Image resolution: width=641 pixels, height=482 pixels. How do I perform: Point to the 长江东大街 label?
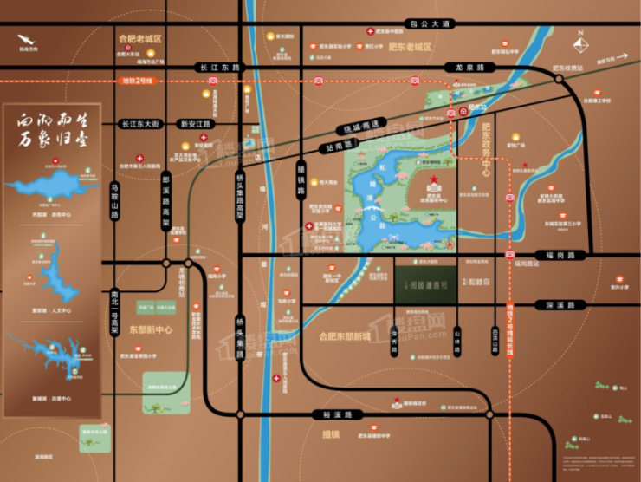point(140,124)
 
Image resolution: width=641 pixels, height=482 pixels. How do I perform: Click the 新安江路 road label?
point(195,124)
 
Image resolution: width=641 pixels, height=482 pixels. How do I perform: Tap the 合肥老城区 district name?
point(140,39)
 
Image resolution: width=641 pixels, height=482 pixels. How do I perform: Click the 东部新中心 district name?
point(151,329)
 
